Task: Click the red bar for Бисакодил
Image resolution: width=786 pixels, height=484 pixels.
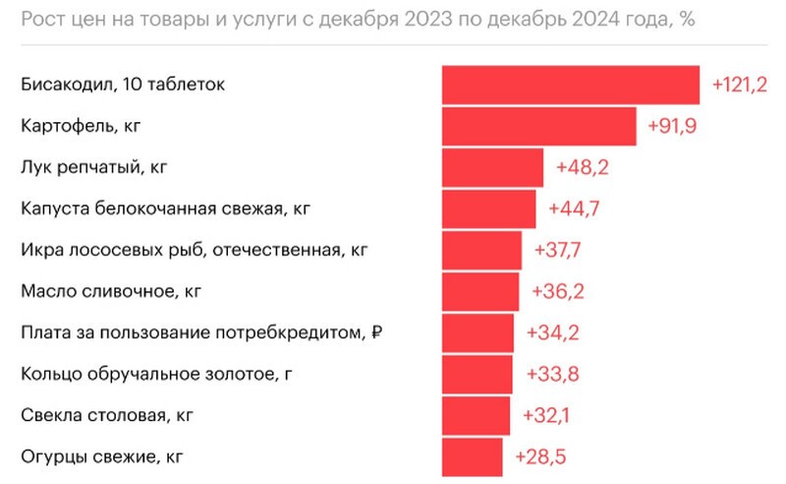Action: (x=570, y=85)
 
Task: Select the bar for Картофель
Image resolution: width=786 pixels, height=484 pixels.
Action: (x=539, y=126)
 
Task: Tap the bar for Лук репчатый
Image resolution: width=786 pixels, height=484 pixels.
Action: (x=492, y=167)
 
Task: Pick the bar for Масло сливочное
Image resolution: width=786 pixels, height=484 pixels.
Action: (x=480, y=291)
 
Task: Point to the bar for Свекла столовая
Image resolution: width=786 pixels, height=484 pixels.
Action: (x=476, y=415)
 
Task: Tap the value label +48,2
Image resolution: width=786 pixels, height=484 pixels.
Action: (x=583, y=168)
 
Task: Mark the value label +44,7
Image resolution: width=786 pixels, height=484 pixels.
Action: (x=575, y=210)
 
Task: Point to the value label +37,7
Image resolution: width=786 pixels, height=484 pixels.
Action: (x=558, y=251)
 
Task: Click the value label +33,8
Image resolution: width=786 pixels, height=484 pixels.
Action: (x=552, y=375)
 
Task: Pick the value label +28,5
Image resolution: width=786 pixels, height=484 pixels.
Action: (x=540, y=457)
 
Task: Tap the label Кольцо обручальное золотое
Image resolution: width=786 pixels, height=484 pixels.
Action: (x=157, y=374)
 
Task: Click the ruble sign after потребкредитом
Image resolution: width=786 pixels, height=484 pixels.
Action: (x=376, y=333)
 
